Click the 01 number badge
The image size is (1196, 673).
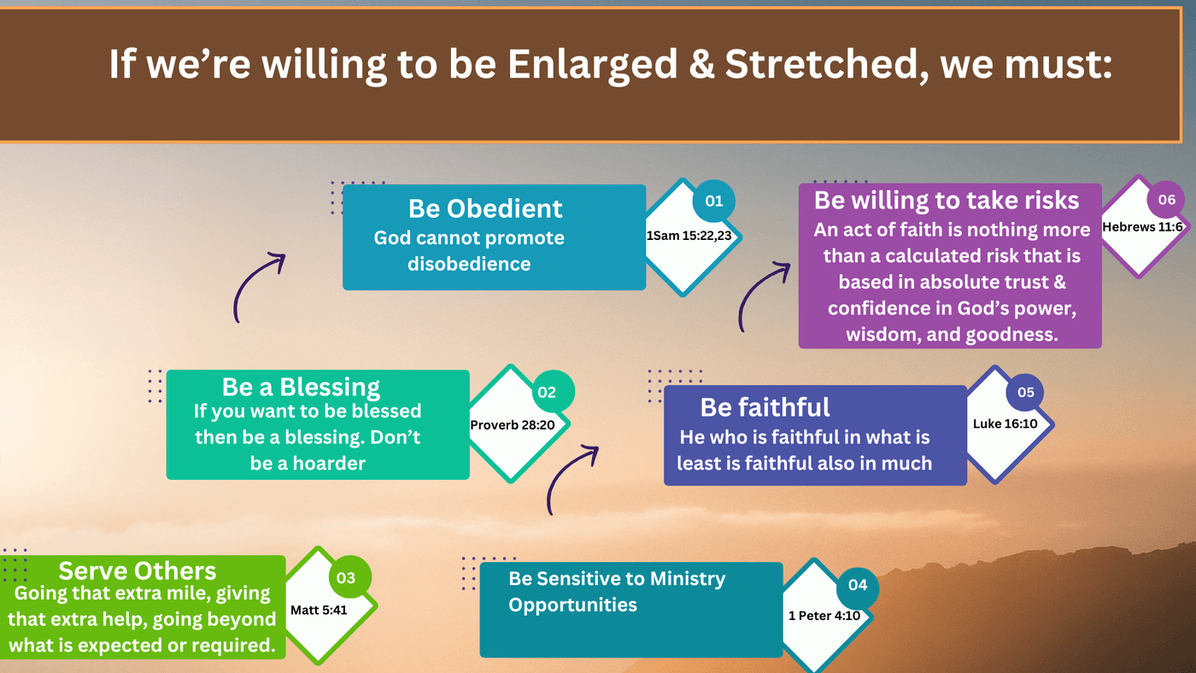pyautogui.click(x=714, y=202)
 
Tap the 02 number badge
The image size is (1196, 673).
pyautogui.click(x=547, y=392)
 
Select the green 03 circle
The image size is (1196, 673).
pyautogui.click(x=346, y=577)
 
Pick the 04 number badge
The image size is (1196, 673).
pyautogui.click(x=858, y=584)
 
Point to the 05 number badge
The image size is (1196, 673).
pyautogui.click(x=1025, y=392)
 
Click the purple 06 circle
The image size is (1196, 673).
pyautogui.click(x=1166, y=200)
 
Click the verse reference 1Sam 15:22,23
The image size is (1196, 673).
pyautogui.click(x=689, y=236)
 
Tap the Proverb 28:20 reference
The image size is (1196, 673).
pyautogui.click(x=513, y=424)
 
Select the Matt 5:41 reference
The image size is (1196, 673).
pyautogui.click(x=319, y=610)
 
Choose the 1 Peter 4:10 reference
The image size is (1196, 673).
pyautogui.click(x=824, y=616)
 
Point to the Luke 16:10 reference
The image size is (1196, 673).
pyautogui.click(x=1005, y=424)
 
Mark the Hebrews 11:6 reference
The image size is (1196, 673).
pyautogui.click(x=1143, y=227)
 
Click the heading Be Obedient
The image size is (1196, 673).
pyautogui.click(x=485, y=208)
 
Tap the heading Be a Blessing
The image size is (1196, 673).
pyautogui.click(x=301, y=387)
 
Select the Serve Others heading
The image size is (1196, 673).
pyautogui.click(x=138, y=571)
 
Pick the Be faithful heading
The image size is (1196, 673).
pyautogui.click(x=765, y=407)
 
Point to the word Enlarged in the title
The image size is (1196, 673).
pyautogui.click(x=592, y=65)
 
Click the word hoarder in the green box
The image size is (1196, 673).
pyautogui.click(x=329, y=463)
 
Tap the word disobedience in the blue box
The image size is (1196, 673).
pyautogui.click(x=469, y=264)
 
